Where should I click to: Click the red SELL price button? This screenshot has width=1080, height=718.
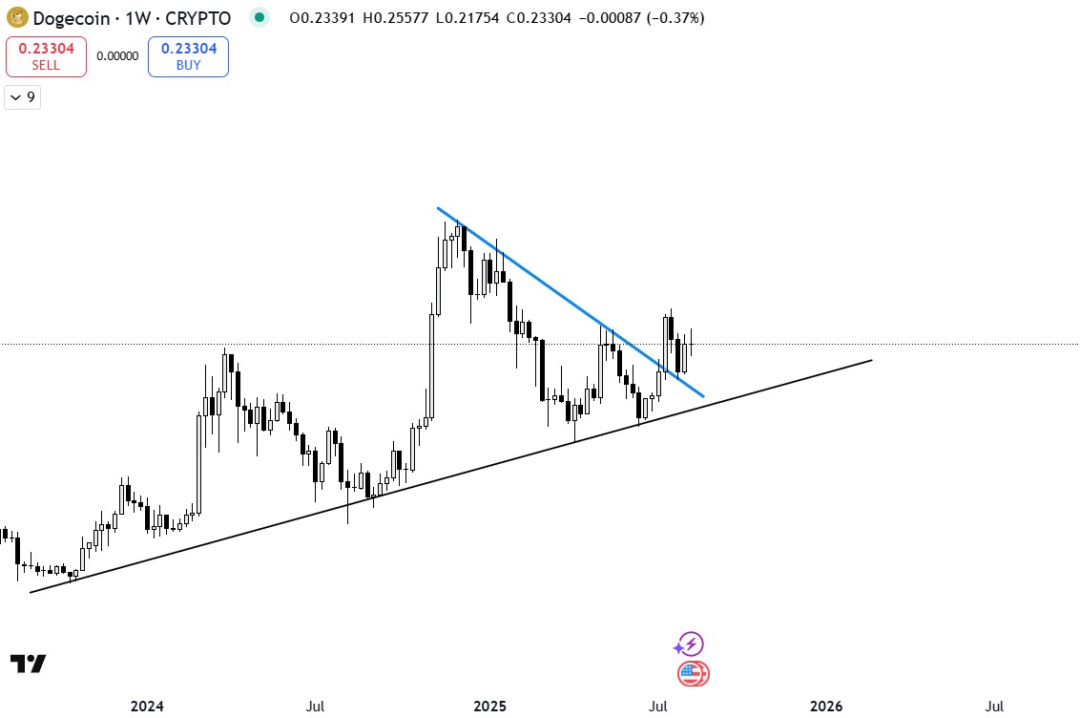tap(46, 56)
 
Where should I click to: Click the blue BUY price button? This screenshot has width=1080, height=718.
tap(188, 56)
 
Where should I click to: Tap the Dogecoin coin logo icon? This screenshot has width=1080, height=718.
tap(16, 18)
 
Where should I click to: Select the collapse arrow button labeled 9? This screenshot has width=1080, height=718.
tap(22, 97)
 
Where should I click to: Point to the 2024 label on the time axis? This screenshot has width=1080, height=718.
tap(147, 707)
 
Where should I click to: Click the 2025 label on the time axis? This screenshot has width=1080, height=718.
tap(490, 707)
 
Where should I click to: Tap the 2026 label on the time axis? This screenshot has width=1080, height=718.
tap(826, 707)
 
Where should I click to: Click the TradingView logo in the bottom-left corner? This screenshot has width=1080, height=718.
tap(28, 664)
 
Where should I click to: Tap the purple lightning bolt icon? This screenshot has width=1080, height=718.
tap(691, 644)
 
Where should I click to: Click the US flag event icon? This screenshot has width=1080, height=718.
tap(694, 674)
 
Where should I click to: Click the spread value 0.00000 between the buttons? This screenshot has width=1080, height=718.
tap(117, 56)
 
